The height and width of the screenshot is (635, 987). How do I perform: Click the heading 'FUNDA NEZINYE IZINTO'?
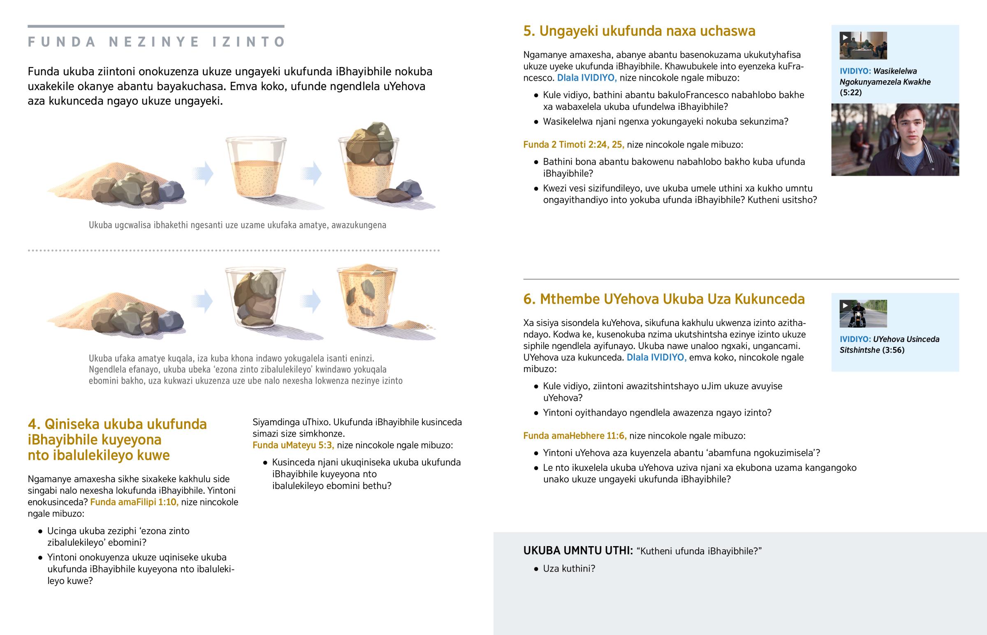[x=157, y=42]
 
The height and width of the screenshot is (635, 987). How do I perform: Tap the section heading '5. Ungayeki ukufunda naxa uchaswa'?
[x=639, y=31]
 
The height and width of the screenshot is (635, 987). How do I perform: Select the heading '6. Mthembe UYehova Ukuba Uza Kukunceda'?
[x=664, y=299]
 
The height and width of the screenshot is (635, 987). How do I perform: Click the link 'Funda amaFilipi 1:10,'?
[x=134, y=502]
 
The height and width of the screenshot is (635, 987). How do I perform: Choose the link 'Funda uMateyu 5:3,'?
[x=293, y=445]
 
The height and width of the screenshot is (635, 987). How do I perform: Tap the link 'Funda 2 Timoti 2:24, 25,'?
[x=574, y=145]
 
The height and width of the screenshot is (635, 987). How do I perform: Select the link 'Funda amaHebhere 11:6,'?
[x=575, y=436]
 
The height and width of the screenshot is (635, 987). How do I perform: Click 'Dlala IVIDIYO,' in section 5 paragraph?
[x=587, y=78]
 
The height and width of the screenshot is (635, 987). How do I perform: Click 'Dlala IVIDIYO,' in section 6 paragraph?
[x=657, y=358]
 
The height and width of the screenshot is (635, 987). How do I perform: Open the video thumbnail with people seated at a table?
[x=863, y=45]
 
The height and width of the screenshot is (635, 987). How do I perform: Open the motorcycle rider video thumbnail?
[x=863, y=314]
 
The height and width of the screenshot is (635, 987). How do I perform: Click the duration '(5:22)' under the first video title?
[x=850, y=92]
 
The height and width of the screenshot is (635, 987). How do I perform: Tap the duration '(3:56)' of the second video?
[x=894, y=350]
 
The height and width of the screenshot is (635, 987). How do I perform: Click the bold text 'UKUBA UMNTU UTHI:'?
[x=578, y=551]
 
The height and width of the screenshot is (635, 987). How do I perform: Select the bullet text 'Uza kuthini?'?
[x=569, y=569]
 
